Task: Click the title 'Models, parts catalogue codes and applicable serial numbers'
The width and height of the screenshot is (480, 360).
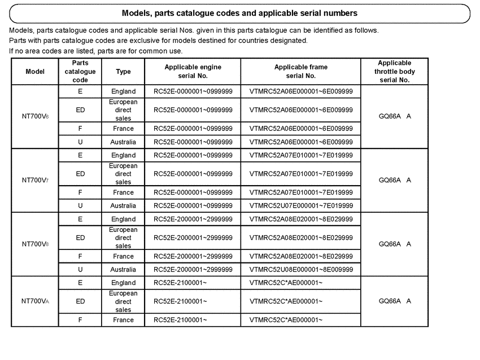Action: (239, 13)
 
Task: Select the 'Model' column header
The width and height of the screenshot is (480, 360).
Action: (35, 72)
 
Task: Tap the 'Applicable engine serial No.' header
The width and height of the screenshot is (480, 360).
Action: (193, 71)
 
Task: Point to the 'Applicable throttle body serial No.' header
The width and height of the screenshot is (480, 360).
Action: (394, 72)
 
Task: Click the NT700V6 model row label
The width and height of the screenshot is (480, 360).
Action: (35, 117)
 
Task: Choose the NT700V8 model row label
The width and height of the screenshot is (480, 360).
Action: (35, 244)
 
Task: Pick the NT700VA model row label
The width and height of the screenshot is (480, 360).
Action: (35, 301)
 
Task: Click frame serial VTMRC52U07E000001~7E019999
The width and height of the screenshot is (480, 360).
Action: (301, 206)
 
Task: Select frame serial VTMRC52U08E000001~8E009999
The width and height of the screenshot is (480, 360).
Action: (301, 270)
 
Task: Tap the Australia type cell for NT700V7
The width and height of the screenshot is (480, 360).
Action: (123, 206)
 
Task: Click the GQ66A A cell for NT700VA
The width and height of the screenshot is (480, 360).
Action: (394, 301)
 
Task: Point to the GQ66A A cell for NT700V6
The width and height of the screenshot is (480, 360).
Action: (394, 117)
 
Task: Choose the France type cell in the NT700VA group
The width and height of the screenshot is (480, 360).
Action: (123, 320)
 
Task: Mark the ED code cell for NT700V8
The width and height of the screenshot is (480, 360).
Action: (80, 238)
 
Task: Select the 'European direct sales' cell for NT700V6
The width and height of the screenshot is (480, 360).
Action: (123, 110)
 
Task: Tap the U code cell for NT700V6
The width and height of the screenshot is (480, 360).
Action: (80, 142)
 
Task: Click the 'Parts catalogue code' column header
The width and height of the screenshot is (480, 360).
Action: (80, 72)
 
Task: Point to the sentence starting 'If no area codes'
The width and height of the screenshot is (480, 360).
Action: (96, 51)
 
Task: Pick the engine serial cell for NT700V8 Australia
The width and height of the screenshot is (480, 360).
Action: (193, 270)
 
